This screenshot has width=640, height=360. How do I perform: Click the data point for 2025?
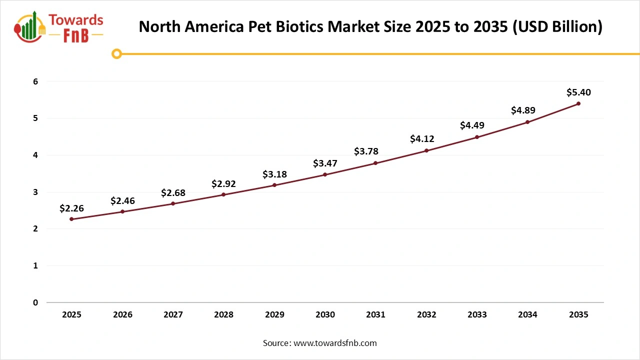coord(71,219)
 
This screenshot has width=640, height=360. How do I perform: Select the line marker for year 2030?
coord(325,174)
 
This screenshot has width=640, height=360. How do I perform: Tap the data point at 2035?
coord(578,103)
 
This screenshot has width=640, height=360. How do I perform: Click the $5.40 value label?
coord(578,92)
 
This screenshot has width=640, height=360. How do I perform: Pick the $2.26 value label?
coord(71,208)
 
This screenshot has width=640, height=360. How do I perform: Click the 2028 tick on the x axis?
coord(223,315)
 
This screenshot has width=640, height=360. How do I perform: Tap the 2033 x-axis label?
coord(477,315)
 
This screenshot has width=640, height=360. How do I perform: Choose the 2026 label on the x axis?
coord(122,315)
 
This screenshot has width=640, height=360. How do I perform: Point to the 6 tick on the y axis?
coord(35,81)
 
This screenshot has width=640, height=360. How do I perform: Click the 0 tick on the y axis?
coord(35,302)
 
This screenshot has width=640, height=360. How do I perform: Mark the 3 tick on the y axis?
coord(35,192)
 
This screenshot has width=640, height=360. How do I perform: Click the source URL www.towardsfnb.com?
coord(335,343)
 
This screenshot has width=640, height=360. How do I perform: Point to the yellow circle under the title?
coord(116,54)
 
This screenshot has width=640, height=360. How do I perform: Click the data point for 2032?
coord(426,150)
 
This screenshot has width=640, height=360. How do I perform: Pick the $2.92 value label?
coord(223,184)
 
